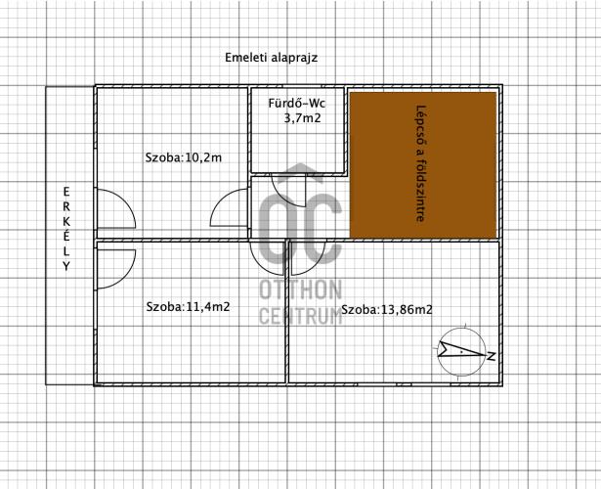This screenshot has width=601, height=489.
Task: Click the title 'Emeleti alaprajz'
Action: tap(271, 58)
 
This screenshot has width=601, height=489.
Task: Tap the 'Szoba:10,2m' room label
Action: tap(183, 157)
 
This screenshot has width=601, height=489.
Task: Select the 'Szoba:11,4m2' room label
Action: tap(188, 307)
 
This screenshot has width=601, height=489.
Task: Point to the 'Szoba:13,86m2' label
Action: tap(387, 309)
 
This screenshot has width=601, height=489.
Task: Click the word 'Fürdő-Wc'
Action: tap(297, 103)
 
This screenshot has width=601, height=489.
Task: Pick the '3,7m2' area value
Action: tap(302, 118)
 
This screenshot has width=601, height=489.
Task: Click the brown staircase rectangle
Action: tap(423, 165)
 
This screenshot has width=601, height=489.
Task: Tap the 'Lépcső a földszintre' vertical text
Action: tap(421, 163)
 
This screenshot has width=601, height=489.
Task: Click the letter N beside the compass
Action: tap(491, 356)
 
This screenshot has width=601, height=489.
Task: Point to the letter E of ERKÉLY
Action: tap(66, 192)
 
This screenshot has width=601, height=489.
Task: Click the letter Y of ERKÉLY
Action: tap(66, 266)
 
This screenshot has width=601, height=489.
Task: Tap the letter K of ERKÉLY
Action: tap(66, 221)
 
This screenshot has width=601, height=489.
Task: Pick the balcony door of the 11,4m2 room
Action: tap(126, 273)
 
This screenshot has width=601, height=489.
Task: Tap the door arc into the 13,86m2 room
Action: tap(317, 264)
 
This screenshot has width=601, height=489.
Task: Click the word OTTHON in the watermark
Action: tap(301, 289)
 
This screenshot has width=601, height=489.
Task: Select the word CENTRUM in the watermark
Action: tap(301, 316)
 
